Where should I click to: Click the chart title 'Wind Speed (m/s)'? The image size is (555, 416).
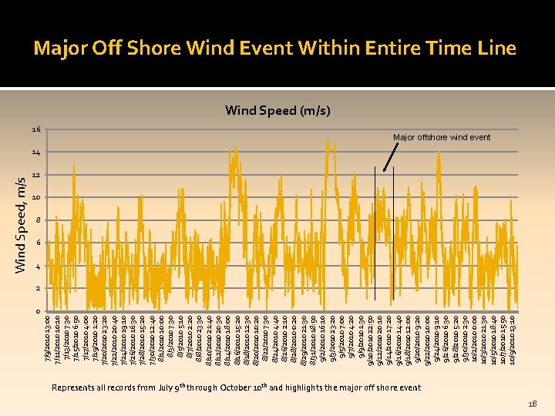pos(277,111)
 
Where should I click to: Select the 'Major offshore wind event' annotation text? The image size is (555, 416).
pos(441,137)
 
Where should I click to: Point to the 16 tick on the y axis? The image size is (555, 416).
pos(36,129)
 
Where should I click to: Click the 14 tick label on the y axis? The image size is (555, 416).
pos(36,152)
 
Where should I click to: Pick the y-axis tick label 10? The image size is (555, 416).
pos(36,198)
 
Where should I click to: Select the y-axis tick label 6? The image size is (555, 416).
pos(38,243)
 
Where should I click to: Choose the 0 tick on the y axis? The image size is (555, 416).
pos(38,311)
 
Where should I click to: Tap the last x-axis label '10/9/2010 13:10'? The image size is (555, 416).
pos(512,341)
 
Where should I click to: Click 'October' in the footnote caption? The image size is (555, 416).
pos(244,387)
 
